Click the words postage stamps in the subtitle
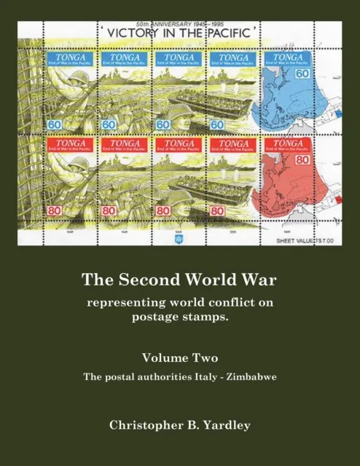[x=179, y=315]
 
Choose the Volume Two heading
[x=179, y=358]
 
